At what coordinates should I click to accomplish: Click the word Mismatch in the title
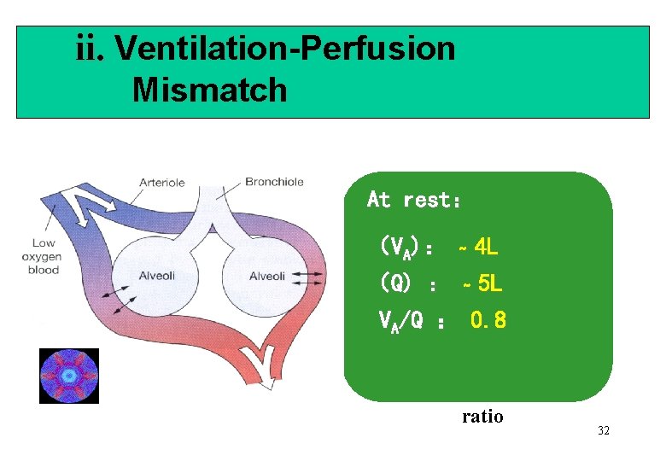(209, 89)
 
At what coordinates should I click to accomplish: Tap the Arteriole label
(162, 182)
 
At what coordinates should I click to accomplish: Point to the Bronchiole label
(274, 181)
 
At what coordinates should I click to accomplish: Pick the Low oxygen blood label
(43, 256)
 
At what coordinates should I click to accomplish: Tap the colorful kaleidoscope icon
(69, 376)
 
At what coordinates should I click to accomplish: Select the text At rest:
(414, 200)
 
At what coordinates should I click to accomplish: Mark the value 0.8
(488, 320)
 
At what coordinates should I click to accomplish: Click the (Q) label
(397, 282)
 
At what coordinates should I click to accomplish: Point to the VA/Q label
(400, 321)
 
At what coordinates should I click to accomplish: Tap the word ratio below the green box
(482, 417)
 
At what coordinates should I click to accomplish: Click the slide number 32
(603, 430)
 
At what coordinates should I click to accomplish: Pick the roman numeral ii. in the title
(91, 49)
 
